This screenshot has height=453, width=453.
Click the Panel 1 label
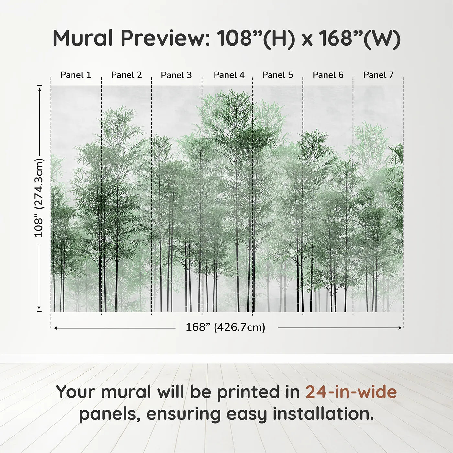coord(75,75)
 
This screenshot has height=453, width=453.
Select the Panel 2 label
coord(127,75)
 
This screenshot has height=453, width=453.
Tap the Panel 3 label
coord(176,75)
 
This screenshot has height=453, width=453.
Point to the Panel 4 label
coord(229,75)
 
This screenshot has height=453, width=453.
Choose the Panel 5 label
coord(278,75)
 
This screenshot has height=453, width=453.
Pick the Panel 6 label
coord(328,75)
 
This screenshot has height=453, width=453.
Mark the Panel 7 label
coord(378,75)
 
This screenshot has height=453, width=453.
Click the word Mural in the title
coord(83,38)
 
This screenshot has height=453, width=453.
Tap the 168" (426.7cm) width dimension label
coord(226,327)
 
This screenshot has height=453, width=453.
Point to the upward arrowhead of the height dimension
coord(39,90)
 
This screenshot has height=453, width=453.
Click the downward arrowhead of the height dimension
coord(39,307)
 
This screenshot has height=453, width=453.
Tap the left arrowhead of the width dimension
coord(56,328)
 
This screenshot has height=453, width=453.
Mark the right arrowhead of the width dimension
coord(399,328)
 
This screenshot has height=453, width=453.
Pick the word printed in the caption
coord(258,392)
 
